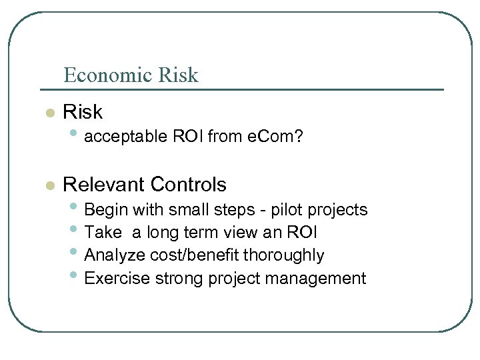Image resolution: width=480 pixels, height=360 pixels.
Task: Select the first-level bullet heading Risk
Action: pyautogui.click(x=83, y=112)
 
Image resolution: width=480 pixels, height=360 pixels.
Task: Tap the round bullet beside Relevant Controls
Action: pyautogui.click(x=49, y=186)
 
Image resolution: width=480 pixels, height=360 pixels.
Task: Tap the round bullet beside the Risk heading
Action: pyautogui.click(x=49, y=113)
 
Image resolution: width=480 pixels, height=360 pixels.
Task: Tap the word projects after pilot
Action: pyautogui.click(x=339, y=210)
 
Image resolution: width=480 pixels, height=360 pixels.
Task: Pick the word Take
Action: pyautogui.click(x=103, y=233)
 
